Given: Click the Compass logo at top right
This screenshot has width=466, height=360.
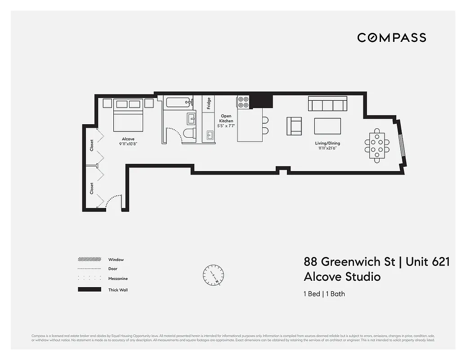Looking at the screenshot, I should click(391, 37).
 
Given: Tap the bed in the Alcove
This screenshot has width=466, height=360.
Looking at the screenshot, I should click(128, 114).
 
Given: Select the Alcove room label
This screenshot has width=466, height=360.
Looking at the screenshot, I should click(128, 139).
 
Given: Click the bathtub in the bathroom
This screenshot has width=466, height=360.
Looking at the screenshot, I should click(179, 102).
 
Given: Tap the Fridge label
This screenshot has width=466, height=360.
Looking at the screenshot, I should click(209, 104).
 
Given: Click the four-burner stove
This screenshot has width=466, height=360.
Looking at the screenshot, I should click(243, 102).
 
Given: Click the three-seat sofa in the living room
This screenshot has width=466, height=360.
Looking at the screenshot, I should click(327, 103).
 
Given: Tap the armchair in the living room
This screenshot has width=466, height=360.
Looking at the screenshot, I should click(294, 126).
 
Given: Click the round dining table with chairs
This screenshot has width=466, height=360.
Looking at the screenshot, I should click(377, 145).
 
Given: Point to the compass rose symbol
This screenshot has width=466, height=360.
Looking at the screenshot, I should click(213, 274).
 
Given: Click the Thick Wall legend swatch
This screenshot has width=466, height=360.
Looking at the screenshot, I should click(89, 289).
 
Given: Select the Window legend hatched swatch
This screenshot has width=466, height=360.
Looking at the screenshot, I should click(89, 259).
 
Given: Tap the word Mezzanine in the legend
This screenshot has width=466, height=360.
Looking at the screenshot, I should click(117, 279).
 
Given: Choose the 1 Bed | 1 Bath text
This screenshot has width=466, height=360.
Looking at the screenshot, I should click(324, 294).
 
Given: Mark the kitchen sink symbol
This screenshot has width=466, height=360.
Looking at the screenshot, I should click(209, 135).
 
